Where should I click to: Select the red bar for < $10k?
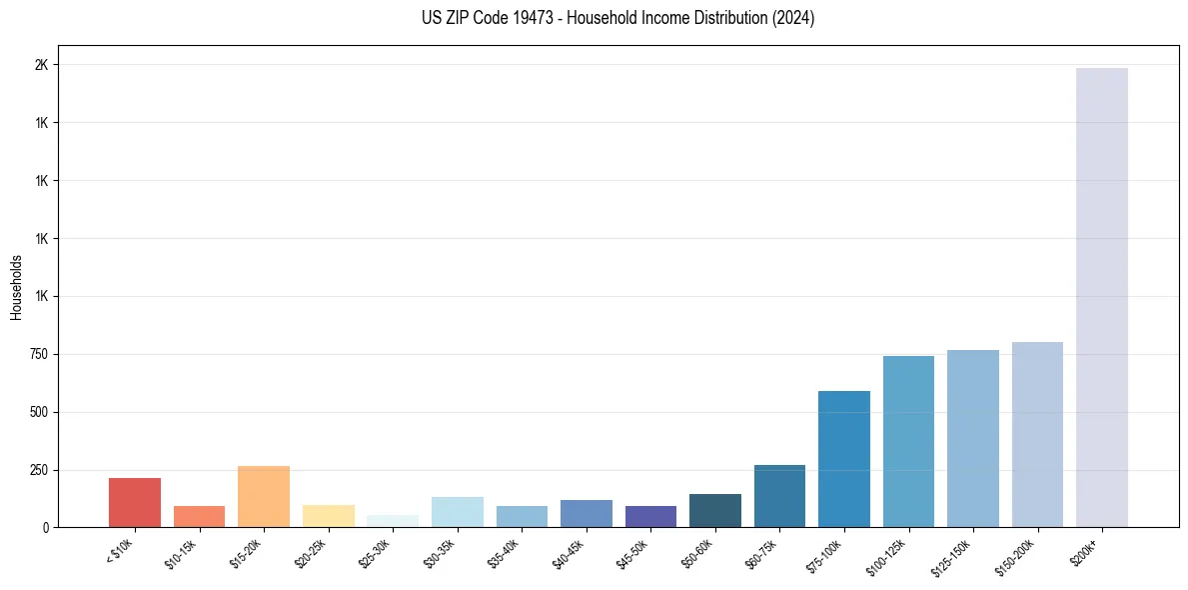click(x=135, y=502)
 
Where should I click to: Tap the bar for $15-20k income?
click(x=264, y=496)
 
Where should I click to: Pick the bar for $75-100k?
click(x=844, y=459)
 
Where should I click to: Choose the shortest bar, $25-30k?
click(x=393, y=521)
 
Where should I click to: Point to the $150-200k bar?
click(x=1037, y=434)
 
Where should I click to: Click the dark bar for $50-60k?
click(x=715, y=510)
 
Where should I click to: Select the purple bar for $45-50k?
click(x=650, y=516)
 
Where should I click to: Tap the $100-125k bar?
click(x=908, y=441)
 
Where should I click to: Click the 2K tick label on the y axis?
click(x=41, y=65)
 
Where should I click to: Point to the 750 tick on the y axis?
click(x=38, y=354)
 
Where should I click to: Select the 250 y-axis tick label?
click(x=38, y=470)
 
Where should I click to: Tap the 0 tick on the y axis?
click(x=45, y=527)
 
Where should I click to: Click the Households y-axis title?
click(x=16, y=287)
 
